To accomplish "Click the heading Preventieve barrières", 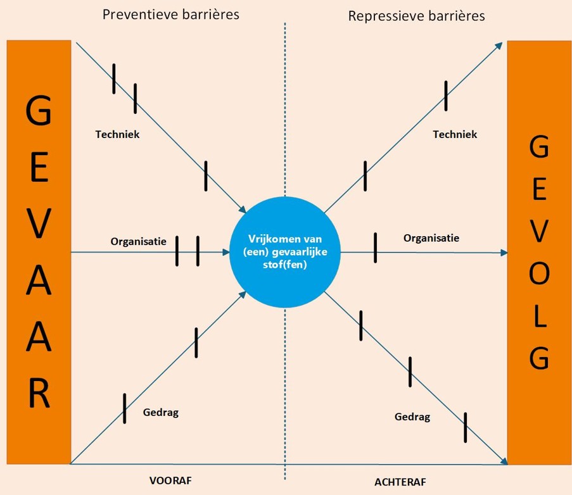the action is [171, 15].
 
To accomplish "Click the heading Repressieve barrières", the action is [416, 16].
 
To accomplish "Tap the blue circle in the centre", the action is [285, 252].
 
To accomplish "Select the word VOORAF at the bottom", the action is [170, 480].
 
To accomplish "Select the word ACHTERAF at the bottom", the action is [400, 482].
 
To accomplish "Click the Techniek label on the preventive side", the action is [117, 134].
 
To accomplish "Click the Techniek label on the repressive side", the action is [455, 134].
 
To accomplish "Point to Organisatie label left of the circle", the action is [138, 241].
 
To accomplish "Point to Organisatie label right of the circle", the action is [431, 238].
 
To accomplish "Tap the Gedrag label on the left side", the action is [160, 412].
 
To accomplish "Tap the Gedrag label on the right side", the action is [412, 417].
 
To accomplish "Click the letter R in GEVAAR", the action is [39, 392].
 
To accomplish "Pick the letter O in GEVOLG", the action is [539, 273].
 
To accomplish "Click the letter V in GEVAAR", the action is [39, 223].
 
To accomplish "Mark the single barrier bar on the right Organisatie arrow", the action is [376, 248].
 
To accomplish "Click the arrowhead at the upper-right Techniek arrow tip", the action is [499, 46].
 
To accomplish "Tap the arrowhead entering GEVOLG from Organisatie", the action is [504, 253].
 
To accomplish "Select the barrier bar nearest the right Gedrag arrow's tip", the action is [465, 427].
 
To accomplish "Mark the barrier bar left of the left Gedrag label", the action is [124, 408].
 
